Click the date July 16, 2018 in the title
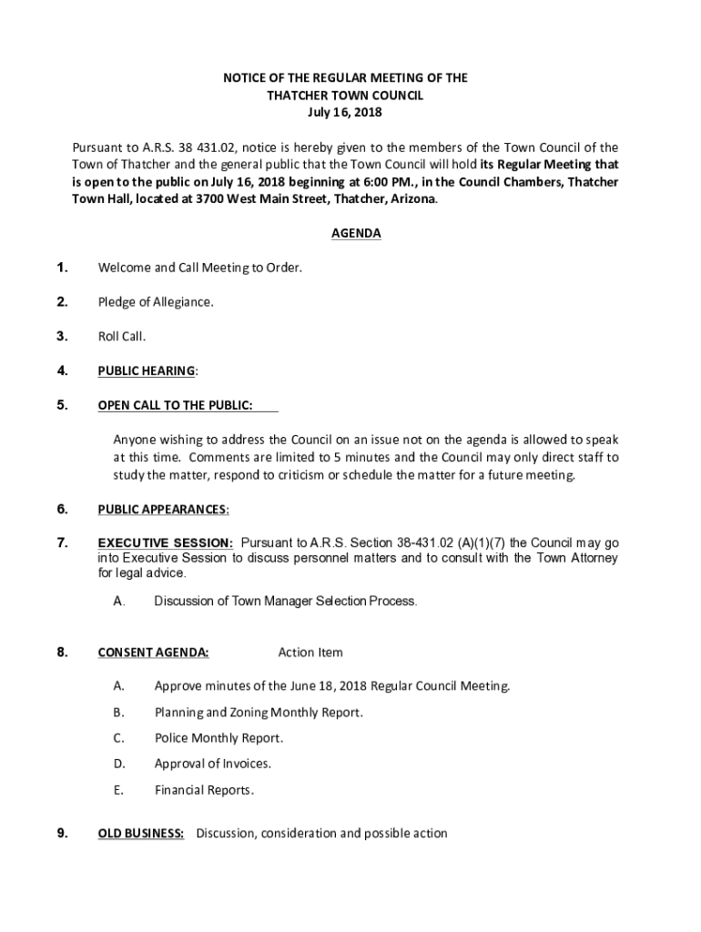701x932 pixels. pyautogui.click(x=345, y=113)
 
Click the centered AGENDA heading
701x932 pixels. pyautogui.click(x=356, y=234)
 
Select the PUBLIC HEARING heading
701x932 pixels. pyautogui.click(x=146, y=370)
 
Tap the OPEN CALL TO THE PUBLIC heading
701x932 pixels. pyautogui.click(x=175, y=405)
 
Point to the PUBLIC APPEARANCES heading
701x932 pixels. pyautogui.click(x=162, y=509)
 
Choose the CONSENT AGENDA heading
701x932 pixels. pyautogui.click(x=153, y=653)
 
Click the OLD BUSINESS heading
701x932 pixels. pyautogui.click(x=141, y=833)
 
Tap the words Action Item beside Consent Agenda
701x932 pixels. pyautogui.click(x=310, y=653)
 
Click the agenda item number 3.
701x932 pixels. pyautogui.click(x=62, y=337)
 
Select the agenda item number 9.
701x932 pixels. pyautogui.click(x=62, y=833)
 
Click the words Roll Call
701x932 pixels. pyautogui.click(x=122, y=337)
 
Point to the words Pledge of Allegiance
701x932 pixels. pyautogui.click(x=156, y=302)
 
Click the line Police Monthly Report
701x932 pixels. pyautogui.click(x=218, y=738)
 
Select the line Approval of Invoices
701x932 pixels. pyautogui.click(x=213, y=764)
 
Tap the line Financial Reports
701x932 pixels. pyautogui.click(x=204, y=790)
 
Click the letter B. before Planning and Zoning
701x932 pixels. pyautogui.click(x=118, y=713)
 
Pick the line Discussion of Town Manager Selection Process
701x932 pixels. pyautogui.click(x=286, y=602)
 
